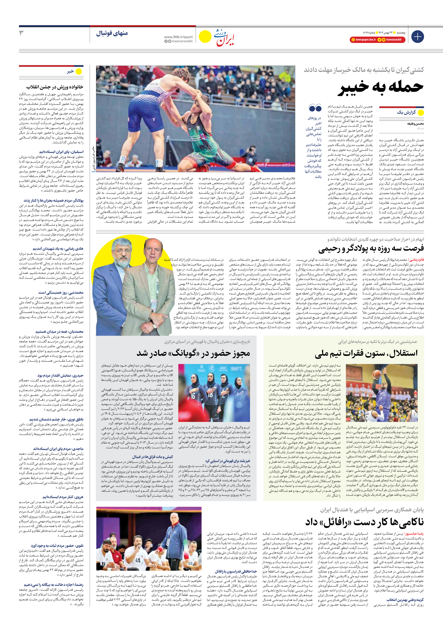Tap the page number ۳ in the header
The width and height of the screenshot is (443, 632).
21,33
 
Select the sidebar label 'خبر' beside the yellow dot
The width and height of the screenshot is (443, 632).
70,72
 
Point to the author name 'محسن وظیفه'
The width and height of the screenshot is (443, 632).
415,124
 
